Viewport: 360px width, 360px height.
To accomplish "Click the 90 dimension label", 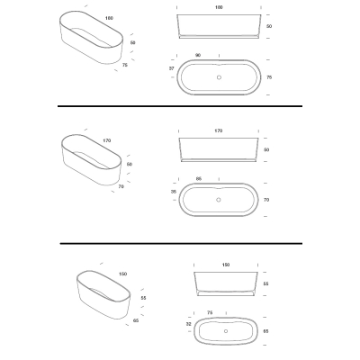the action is point(198,55).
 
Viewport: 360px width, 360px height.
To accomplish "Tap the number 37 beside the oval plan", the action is point(171,68).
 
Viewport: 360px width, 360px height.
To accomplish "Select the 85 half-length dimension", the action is point(199,179).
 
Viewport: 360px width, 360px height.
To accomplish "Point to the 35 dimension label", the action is point(174,192).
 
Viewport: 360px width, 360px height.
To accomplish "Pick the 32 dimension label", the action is point(188,324).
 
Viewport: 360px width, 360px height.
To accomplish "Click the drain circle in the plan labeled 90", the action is point(219,77).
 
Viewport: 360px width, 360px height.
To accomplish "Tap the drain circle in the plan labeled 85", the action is point(219,200).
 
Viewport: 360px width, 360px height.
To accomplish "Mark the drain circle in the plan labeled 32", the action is point(226,331).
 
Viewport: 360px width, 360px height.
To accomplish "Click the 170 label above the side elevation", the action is point(219,130).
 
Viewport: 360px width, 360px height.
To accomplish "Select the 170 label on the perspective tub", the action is point(107,140).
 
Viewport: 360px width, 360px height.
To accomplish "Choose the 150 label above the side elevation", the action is point(226,265).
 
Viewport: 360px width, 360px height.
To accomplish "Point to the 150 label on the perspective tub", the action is point(122,274).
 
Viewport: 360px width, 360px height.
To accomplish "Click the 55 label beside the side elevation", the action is point(265,283).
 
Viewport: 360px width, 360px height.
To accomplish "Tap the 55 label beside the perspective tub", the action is point(143,298).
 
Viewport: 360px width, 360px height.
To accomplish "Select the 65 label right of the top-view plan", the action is point(265,331).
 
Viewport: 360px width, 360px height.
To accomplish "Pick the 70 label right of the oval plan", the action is point(266,200).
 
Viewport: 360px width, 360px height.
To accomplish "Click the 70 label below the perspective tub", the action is point(121,186).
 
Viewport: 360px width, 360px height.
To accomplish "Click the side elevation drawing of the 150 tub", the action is point(226,283).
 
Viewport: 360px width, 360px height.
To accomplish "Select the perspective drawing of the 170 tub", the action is point(92,160).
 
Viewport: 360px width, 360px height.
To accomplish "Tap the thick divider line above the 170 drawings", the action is point(180,106).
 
